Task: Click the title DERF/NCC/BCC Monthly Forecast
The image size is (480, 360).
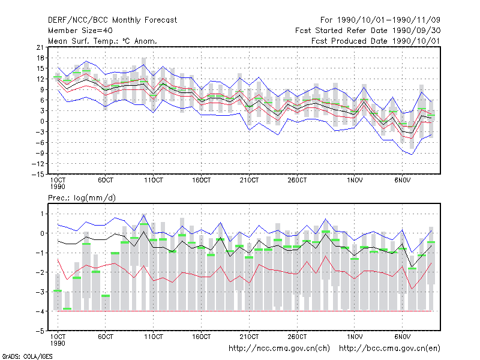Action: (x=112, y=20)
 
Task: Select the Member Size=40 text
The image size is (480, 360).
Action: (x=80, y=31)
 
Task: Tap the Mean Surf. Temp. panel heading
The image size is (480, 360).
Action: (x=103, y=41)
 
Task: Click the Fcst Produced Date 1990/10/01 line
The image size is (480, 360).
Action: (x=376, y=41)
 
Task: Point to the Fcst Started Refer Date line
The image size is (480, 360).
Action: (x=368, y=31)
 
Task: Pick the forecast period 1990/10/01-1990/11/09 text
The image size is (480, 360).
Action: (x=380, y=20)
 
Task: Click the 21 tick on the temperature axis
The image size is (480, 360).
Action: (x=40, y=47)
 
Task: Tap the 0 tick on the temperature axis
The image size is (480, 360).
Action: (x=42, y=121)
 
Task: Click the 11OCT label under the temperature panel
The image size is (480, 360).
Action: (x=154, y=180)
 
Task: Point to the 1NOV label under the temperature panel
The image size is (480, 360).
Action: (x=355, y=180)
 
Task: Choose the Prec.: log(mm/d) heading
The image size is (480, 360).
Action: (x=82, y=198)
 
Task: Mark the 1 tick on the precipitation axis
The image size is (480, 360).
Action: (x=42, y=214)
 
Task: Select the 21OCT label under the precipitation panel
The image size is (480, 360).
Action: (x=249, y=337)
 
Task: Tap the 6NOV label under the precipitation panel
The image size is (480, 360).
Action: (x=403, y=337)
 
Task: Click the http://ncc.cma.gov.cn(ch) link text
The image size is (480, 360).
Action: (x=279, y=349)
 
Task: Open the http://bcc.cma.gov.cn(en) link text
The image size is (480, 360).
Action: (x=389, y=349)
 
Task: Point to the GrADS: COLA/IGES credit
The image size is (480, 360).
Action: (x=27, y=356)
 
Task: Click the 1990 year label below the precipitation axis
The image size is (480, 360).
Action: (x=58, y=343)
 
